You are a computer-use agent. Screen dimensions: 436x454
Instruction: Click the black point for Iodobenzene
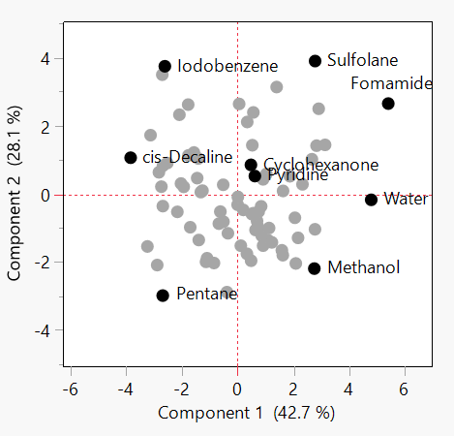(x=165, y=67)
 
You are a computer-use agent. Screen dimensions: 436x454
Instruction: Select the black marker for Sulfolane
(x=315, y=61)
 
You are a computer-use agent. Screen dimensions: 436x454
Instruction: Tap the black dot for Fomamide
(x=388, y=104)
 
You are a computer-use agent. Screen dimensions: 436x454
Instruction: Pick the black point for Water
(x=371, y=200)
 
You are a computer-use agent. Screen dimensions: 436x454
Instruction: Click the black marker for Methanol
(x=315, y=268)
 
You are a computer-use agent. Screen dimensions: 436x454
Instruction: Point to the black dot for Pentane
(x=163, y=296)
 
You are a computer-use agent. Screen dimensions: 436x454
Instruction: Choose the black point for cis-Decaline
(x=131, y=158)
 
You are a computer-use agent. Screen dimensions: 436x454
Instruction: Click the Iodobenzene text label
(x=227, y=67)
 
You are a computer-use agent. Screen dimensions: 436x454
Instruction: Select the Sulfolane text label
(x=362, y=60)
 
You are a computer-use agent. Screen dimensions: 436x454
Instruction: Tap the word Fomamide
(x=391, y=83)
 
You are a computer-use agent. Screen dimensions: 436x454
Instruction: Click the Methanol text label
(x=363, y=267)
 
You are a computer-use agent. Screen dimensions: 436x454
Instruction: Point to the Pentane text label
(x=207, y=294)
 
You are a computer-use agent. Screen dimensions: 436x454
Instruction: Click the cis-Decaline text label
(x=187, y=157)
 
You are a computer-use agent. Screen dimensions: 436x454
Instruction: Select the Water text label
(x=406, y=200)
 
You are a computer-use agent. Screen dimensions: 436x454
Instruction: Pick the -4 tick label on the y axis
(x=41, y=331)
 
